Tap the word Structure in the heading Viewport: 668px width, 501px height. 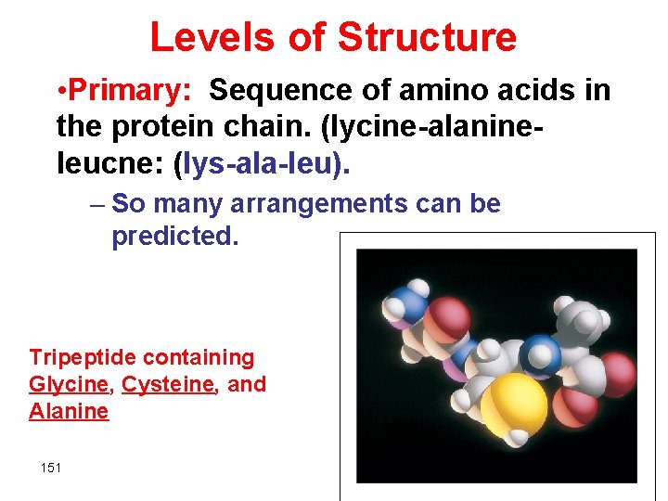(427, 38)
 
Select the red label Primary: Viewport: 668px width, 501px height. (130, 91)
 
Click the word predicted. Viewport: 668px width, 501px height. (175, 236)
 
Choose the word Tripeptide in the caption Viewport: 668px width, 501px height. (82, 357)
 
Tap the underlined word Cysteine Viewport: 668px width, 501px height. (168, 384)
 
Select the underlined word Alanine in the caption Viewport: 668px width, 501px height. (69, 411)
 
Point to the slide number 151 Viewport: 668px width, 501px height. (51, 468)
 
